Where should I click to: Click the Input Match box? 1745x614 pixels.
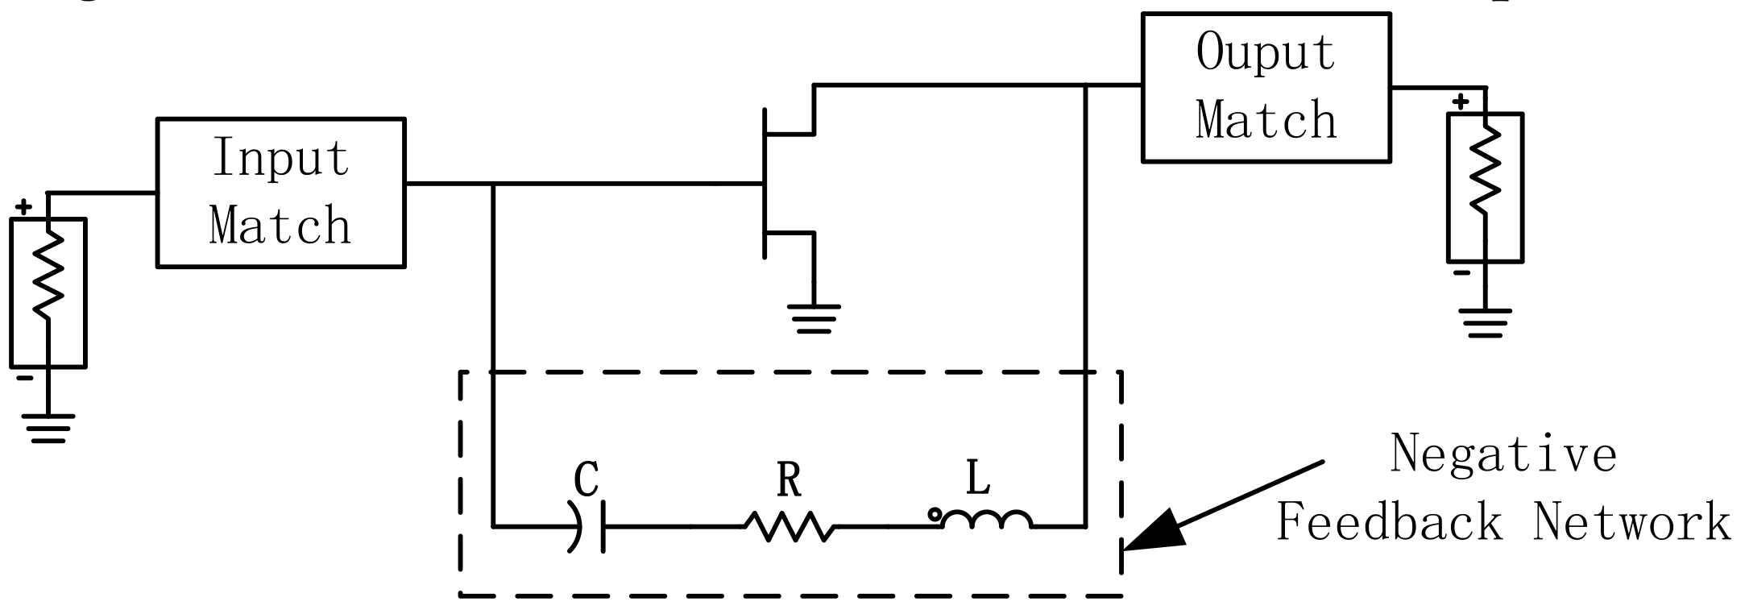tap(280, 192)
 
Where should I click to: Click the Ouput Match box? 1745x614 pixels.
tap(1266, 87)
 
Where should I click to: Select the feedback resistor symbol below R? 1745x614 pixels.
tap(790, 527)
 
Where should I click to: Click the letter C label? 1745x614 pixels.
tap(587, 479)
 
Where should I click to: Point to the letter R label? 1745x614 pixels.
tap(790, 481)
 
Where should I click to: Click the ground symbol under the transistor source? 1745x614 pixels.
tap(814, 319)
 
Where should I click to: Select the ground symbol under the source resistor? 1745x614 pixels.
tap(48, 428)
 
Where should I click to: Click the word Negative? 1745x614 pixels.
tap(1503, 454)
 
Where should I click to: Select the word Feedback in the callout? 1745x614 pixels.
tap(1391, 521)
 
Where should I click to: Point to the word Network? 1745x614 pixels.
tap(1631, 521)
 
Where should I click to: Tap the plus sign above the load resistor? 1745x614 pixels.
tap(1461, 102)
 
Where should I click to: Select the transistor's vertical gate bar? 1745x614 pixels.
tap(765, 184)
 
